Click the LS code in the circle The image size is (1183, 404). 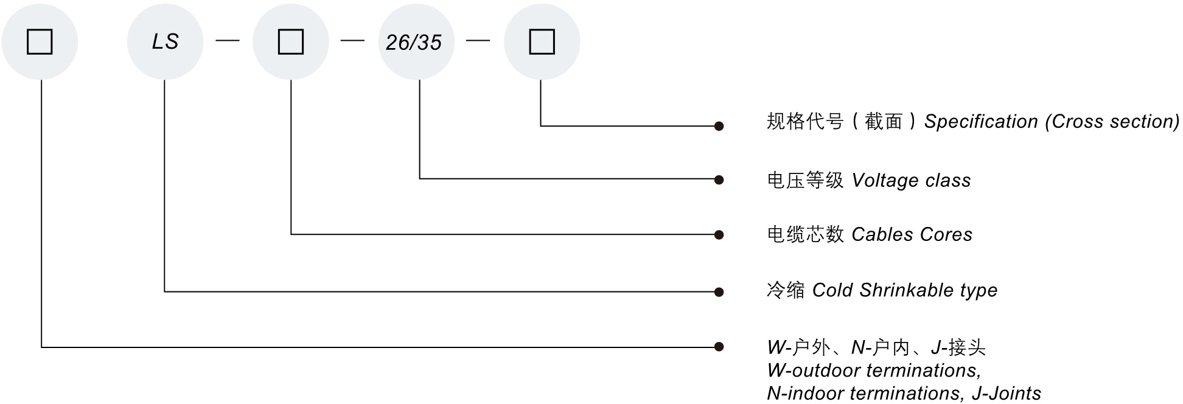coord(165,42)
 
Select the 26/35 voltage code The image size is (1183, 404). coord(414,43)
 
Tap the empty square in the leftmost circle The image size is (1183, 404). coord(40,42)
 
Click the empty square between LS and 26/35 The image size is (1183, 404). coord(291,42)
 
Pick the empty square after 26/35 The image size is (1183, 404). coord(542,42)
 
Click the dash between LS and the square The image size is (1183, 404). coord(228,41)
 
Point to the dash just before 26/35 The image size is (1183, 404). coord(352,41)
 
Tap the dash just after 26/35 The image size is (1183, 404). coord(478,41)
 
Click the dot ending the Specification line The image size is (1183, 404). coord(719,127)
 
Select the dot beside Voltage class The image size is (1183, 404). coord(719,179)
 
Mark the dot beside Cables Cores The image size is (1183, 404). coord(719,235)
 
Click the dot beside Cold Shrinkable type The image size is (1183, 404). coord(719,292)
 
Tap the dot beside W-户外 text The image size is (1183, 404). coord(719,347)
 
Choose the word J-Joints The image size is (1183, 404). coord(1007,394)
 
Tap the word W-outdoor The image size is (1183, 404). coord(814,371)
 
